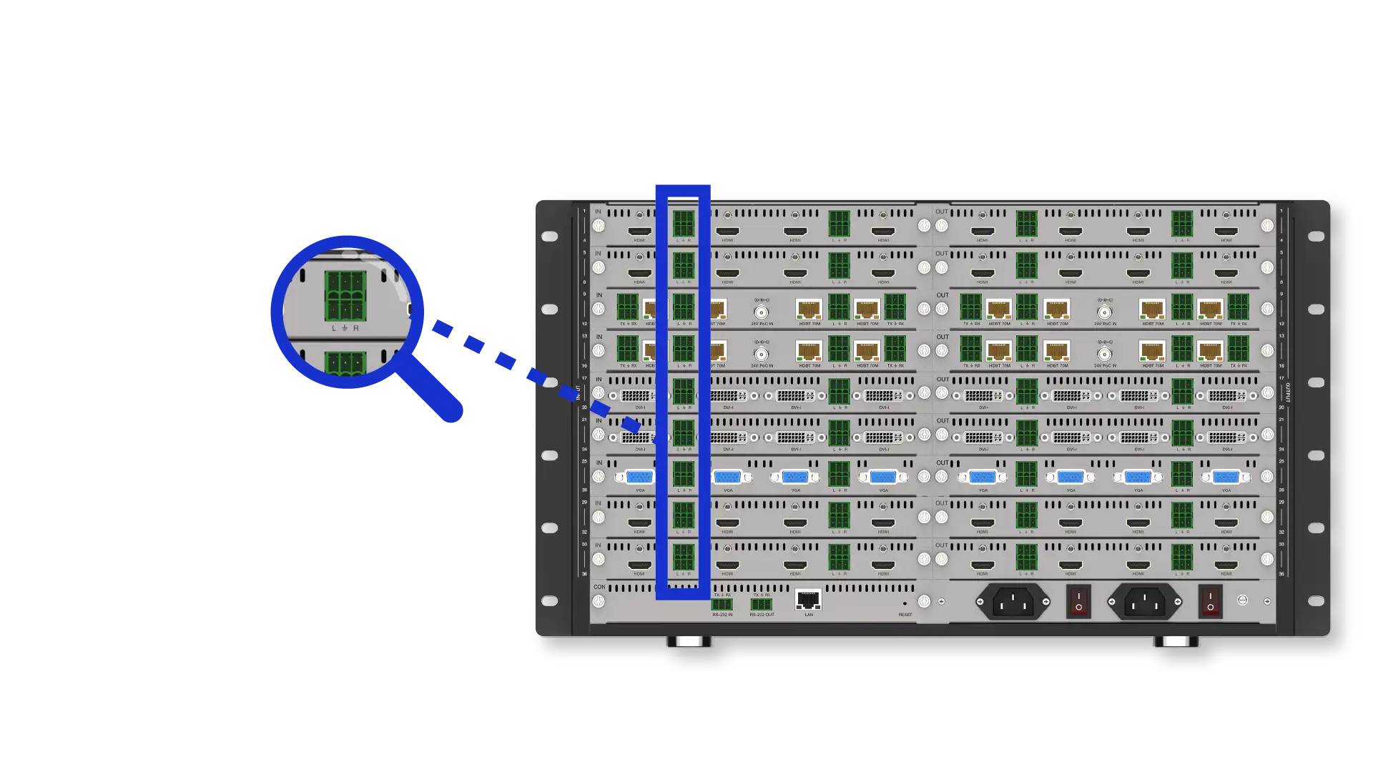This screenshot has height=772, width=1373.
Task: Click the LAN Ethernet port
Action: (808, 600)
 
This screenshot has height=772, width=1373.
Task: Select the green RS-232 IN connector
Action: (722, 605)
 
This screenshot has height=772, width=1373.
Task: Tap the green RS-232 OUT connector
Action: (761, 605)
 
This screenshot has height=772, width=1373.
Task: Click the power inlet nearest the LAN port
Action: (1013, 602)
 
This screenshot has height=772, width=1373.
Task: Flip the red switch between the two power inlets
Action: (1078, 602)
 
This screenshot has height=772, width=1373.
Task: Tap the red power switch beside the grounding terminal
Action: (1210, 602)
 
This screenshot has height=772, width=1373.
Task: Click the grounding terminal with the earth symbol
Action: (1243, 601)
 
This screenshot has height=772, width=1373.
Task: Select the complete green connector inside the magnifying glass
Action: (345, 296)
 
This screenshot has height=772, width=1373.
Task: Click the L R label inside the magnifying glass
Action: (345, 328)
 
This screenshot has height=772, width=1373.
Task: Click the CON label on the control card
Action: (599, 587)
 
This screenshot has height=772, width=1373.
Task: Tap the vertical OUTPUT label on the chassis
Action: (1288, 392)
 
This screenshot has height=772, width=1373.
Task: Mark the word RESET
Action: (905, 615)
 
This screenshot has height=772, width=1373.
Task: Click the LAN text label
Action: (809, 615)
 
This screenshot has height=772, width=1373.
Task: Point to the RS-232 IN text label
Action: (722, 615)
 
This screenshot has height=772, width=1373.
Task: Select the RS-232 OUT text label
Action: (762, 615)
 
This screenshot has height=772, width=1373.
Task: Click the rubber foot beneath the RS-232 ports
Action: (689, 642)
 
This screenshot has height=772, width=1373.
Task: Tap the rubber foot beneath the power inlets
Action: (1176, 642)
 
